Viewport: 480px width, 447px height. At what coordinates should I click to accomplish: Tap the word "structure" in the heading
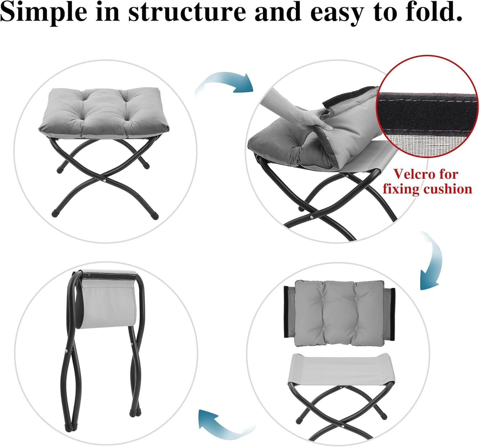point(187,12)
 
